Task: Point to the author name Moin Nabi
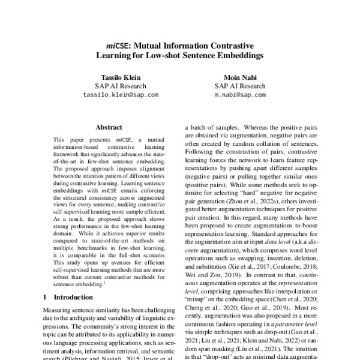tap(240, 77)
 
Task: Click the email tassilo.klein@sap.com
tap(121, 95)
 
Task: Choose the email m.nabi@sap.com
tap(240, 95)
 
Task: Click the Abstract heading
tap(109, 127)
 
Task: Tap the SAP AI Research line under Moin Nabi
tap(240, 86)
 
